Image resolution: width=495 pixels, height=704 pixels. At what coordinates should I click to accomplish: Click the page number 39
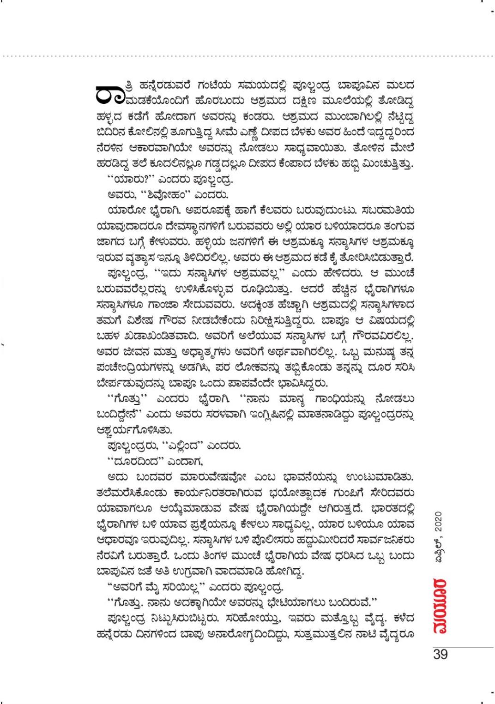[441, 655]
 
